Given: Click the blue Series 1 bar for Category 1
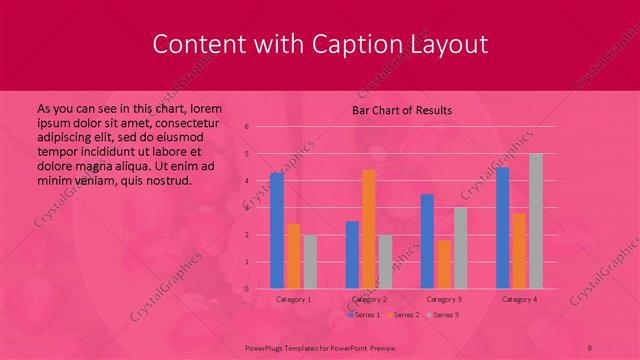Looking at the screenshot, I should click(277, 231).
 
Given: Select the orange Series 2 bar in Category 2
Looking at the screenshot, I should click(369, 229).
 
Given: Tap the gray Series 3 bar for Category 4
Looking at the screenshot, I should click(536, 221).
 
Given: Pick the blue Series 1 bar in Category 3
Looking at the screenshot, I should click(427, 242).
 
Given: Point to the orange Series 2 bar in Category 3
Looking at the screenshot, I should click(443, 264).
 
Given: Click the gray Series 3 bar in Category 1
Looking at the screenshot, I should click(309, 262).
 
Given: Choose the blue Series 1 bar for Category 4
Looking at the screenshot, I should click(503, 228).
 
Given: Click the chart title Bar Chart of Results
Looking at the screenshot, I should click(402, 110).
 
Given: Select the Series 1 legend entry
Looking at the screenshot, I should click(364, 315).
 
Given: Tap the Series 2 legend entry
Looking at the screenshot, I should click(402, 315).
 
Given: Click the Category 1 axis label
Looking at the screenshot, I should click(293, 299).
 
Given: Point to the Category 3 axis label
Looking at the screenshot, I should click(444, 299).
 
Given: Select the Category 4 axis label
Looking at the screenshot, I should click(520, 299).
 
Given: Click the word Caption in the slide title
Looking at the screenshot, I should click(367, 44).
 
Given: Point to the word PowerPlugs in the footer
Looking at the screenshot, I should click(267, 345).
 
